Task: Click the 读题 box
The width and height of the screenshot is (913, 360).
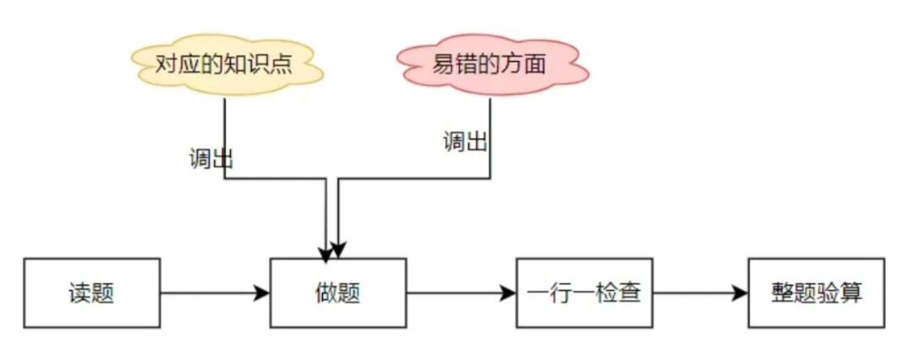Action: [x=91, y=293]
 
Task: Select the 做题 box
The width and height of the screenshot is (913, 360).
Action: [x=338, y=293]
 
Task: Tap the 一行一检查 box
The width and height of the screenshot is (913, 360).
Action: [x=584, y=293]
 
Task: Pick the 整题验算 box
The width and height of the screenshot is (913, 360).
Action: [x=816, y=293]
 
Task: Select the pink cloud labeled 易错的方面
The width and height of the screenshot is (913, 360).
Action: [x=490, y=65]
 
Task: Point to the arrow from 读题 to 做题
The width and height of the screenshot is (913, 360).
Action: [x=215, y=293]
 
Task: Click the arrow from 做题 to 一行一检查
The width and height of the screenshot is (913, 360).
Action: [x=461, y=293]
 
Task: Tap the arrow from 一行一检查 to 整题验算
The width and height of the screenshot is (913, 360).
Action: [x=700, y=293]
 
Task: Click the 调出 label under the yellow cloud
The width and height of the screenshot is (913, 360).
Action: [x=210, y=159]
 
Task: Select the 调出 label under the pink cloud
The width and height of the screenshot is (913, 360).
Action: [x=465, y=141]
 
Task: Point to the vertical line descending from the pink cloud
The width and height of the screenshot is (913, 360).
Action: [x=490, y=135]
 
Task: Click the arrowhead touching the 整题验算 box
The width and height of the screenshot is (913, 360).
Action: [x=741, y=293]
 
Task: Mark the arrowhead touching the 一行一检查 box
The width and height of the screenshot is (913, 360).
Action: [x=509, y=293]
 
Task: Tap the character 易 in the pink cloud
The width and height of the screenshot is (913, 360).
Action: [x=445, y=65]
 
